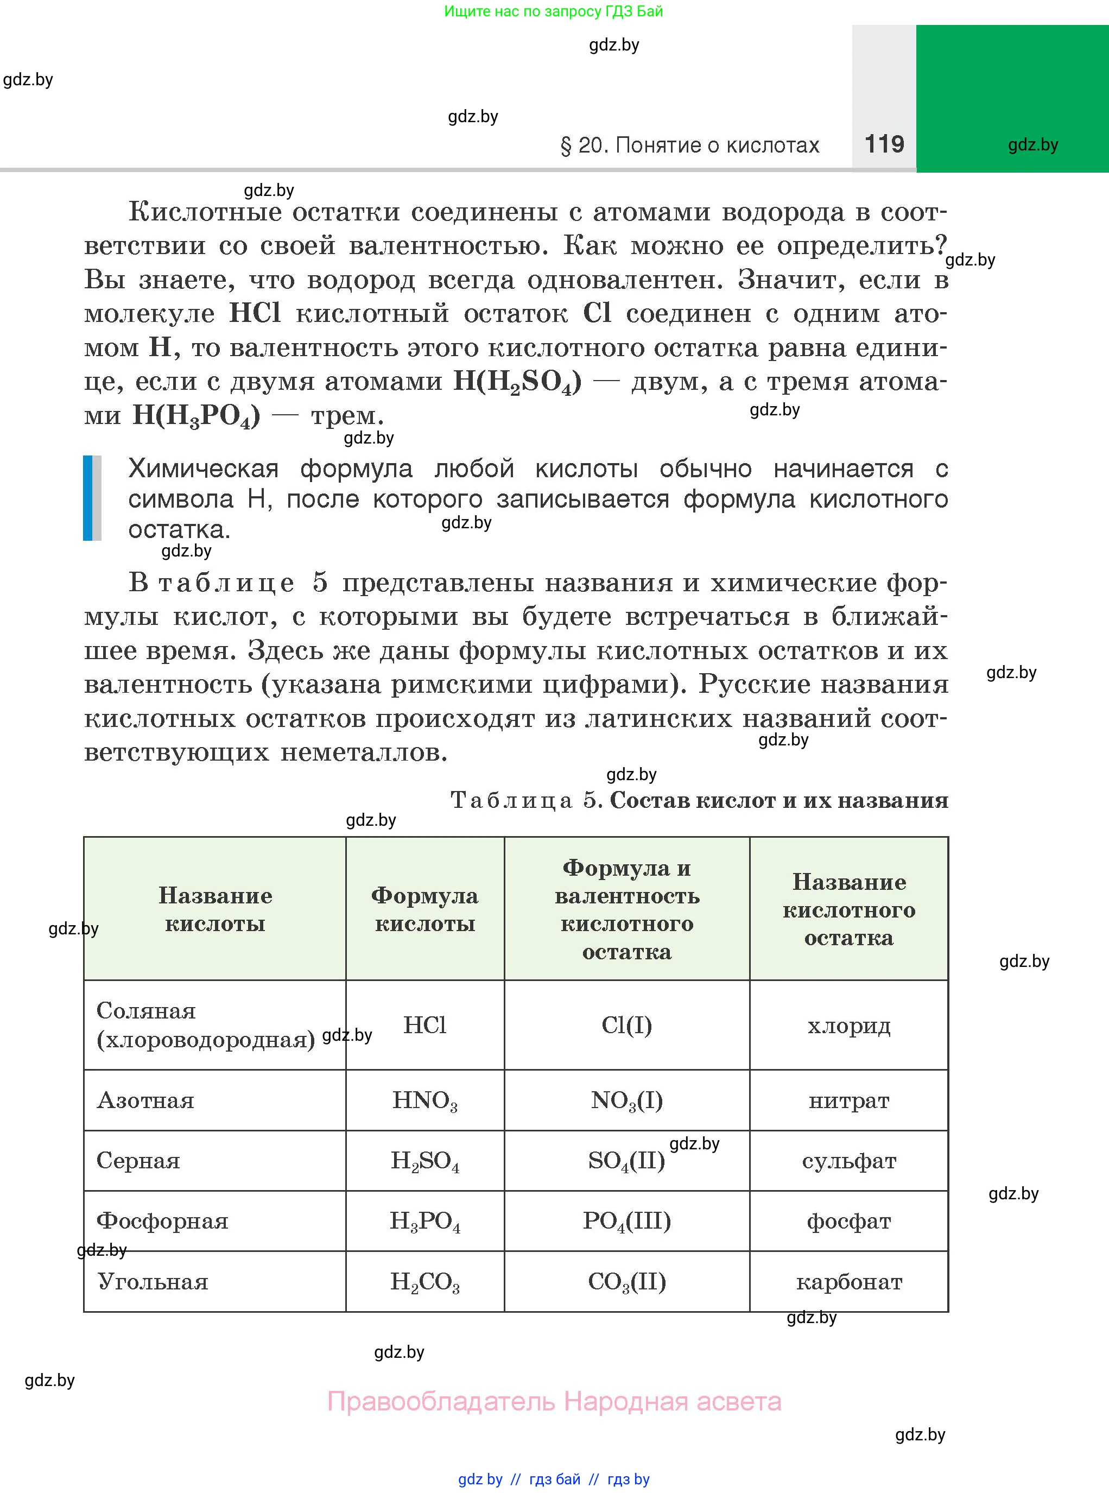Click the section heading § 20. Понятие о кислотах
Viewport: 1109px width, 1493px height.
pyautogui.click(x=689, y=145)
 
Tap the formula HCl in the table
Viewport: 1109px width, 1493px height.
pyautogui.click(x=424, y=1025)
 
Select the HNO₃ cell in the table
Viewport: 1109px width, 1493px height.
pyautogui.click(x=424, y=1101)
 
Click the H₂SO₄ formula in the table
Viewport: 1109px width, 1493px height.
pyautogui.click(x=424, y=1161)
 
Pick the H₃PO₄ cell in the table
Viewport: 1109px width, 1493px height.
pyautogui.click(x=424, y=1221)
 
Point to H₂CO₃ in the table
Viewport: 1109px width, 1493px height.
pyautogui.click(x=424, y=1281)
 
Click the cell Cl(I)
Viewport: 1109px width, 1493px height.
pyautogui.click(x=626, y=1025)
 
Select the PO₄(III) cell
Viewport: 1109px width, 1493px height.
pyautogui.click(x=626, y=1221)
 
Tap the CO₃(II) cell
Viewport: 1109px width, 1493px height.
pyautogui.click(x=626, y=1281)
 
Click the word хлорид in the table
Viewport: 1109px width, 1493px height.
pyautogui.click(x=848, y=1026)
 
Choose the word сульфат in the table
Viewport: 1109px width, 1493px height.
pyautogui.click(x=848, y=1161)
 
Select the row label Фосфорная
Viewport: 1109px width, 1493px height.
pyautogui.click(x=162, y=1221)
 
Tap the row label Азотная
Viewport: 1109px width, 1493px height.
pyautogui.click(x=145, y=1101)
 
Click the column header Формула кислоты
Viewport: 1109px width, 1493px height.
pyautogui.click(x=424, y=909)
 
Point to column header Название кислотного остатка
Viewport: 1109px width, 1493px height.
pyautogui.click(x=848, y=909)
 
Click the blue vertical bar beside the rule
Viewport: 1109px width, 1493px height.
pyautogui.click(x=87, y=497)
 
